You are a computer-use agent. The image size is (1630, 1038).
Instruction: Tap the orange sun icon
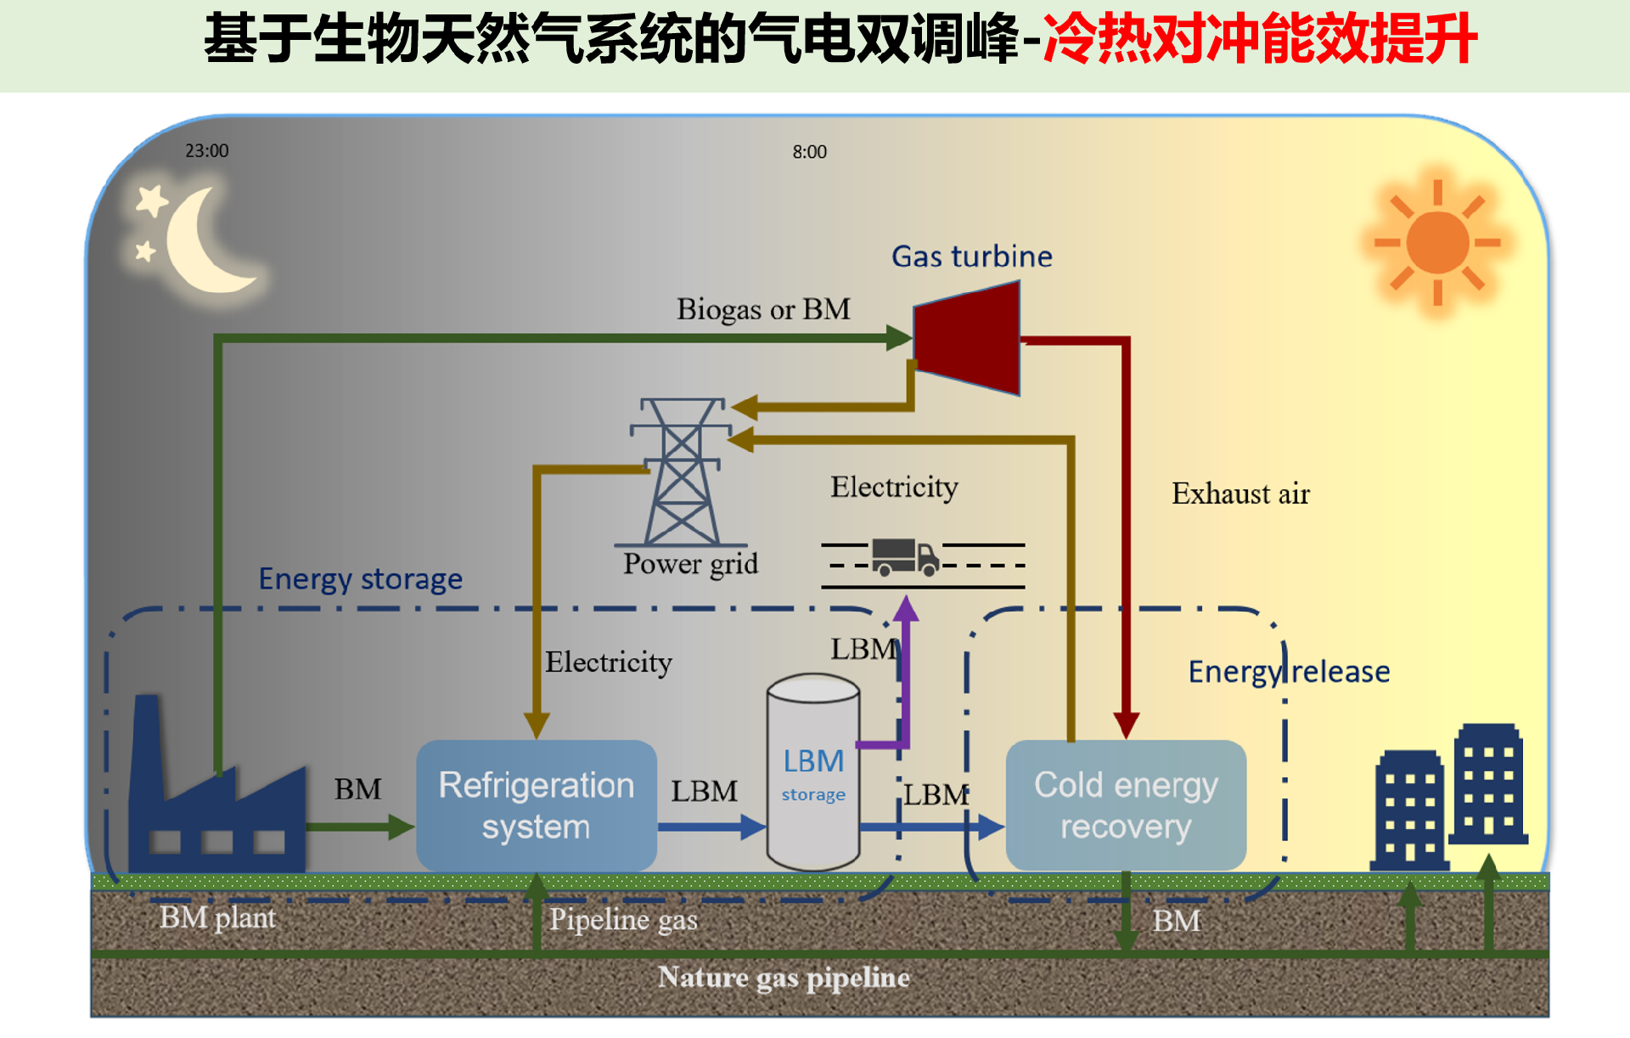coord(1437,243)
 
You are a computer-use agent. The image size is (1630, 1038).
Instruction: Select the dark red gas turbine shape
coord(968,338)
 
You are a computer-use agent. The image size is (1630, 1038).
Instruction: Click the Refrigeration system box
coord(537,804)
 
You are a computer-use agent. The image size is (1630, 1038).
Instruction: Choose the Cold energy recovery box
coord(1126,804)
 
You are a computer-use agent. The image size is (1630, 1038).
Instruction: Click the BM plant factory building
coord(216,807)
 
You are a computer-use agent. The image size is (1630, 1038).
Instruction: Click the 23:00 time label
coord(207,150)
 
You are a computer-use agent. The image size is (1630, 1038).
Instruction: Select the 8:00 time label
coord(809,152)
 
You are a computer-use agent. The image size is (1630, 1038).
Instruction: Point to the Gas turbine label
coord(971,256)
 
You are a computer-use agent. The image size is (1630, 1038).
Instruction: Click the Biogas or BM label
coord(763,309)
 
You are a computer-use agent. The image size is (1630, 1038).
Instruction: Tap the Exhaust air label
coord(1240,494)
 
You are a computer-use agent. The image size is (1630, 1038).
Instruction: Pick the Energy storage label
coord(360,578)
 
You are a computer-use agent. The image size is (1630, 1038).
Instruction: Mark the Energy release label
coord(1289,671)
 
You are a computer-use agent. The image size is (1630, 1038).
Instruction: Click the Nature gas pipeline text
coord(784,978)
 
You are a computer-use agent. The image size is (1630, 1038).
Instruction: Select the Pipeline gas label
coord(623,919)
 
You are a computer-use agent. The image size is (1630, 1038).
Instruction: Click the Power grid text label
coord(690,563)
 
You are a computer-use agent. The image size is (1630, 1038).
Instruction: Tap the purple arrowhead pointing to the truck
coord(906,608)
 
